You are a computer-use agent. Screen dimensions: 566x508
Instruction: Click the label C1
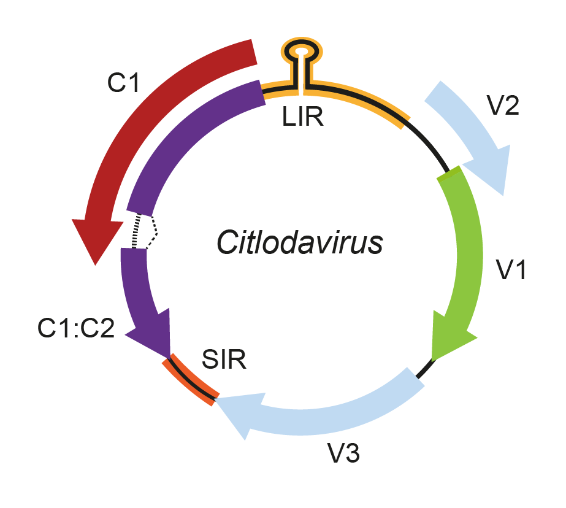(123, 83)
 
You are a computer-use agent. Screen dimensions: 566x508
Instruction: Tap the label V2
(503, 106)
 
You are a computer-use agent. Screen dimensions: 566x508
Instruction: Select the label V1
(511, 269)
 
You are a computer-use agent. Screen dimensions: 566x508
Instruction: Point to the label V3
(343, 453)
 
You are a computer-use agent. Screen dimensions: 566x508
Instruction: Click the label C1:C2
(76, 328)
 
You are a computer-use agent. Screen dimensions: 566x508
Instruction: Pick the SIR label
(224, 360)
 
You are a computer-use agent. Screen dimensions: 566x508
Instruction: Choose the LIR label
(302, 117)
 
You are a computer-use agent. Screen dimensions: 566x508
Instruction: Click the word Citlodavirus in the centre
(300, 242)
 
